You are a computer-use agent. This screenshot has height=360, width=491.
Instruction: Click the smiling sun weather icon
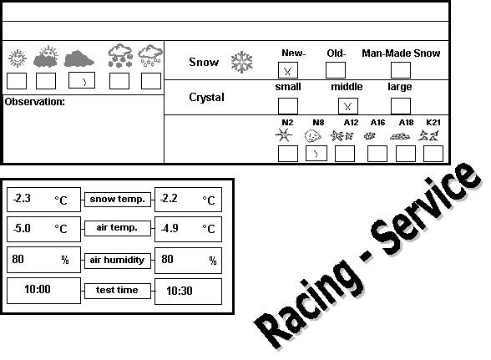point(18,58)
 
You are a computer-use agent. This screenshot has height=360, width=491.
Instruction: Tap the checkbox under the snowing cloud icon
point(119,81)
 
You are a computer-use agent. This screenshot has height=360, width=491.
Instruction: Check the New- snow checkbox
point(288,70)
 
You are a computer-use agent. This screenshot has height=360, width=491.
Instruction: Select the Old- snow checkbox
point(336,70)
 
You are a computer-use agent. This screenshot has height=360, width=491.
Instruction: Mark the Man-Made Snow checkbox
point(401,70)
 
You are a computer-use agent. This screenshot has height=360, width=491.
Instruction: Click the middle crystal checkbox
point(348,106)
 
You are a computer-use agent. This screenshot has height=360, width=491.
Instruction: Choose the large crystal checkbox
point(401,106)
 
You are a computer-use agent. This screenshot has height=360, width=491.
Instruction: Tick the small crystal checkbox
point(288,106)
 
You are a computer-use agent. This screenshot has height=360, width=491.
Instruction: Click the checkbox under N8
point(316,153)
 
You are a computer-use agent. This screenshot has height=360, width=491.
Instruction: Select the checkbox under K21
point(433,154)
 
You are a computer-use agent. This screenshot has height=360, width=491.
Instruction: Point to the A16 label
point(377,123)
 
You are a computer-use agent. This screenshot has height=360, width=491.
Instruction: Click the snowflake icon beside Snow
point(242,62)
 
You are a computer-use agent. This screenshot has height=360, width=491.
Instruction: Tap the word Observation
point(34,102)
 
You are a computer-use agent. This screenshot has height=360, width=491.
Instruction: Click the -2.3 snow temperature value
point(22,198)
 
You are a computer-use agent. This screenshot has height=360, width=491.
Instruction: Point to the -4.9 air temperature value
point(170,228)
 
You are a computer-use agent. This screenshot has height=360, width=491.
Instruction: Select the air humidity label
point(117,260)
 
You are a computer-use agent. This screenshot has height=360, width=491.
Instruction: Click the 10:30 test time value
point(179,291)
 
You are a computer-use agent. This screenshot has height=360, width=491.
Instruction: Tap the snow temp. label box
point(118,200)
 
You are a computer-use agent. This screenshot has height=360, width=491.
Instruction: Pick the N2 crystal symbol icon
point(284,135)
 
